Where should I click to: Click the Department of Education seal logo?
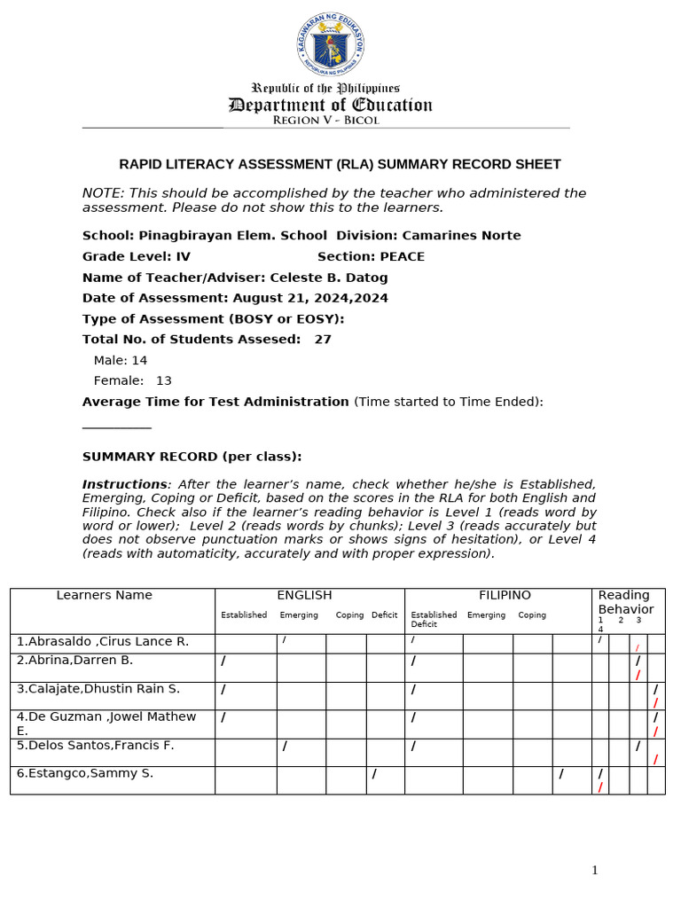pos(330,45)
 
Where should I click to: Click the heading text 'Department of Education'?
pos(330,106)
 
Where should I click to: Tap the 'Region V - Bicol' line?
pos(325,121)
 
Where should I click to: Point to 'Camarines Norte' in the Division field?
pos(461,236)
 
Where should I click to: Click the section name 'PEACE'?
pos(402,256)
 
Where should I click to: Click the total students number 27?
pos(323,339)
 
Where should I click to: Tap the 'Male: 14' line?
pos(121,360)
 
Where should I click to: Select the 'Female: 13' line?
pos(133,380)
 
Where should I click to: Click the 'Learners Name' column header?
pos(104,595)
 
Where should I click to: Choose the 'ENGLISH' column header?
pos(304,595)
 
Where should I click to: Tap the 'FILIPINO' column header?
pos(505,595)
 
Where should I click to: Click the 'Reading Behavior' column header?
pos(625,602)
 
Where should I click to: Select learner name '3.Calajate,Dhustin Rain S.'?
pos(98,689)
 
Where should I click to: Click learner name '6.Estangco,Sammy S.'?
pos(85,773)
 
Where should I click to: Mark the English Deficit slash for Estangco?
pos(374,774)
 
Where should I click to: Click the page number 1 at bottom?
pos(595,871)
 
